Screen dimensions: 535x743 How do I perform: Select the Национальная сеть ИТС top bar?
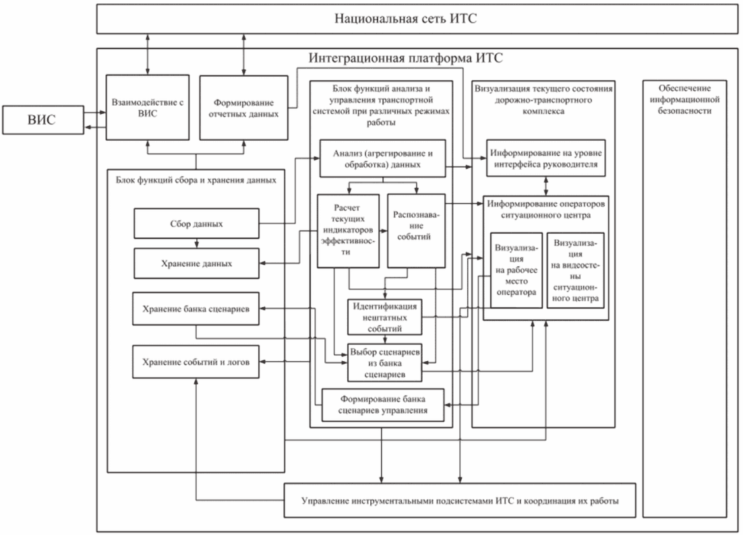tap(406, 18)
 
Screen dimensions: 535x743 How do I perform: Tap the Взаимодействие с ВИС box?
tap(146, 107)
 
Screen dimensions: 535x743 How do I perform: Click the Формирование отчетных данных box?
tap(240, 107)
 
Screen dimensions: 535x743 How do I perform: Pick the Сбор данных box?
tap(197, 223)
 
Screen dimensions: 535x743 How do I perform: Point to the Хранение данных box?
tap(197, 263)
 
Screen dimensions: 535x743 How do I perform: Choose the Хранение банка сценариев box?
tap(197, 309)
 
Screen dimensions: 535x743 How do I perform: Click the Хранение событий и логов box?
tap(197, 362)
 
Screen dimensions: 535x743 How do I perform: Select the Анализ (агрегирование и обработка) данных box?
tap(382, 158)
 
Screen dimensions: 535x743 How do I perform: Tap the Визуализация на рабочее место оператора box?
tap(516, 270)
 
